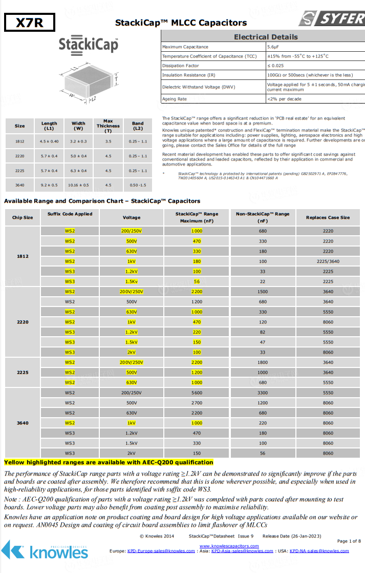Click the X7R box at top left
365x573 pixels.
point(29,23)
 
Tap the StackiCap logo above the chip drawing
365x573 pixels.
point(88,45)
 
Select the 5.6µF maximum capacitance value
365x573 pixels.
point(272,47)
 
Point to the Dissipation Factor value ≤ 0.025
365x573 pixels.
point(275,66)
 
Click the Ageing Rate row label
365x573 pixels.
point(175,99)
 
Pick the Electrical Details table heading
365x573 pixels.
point(265,37)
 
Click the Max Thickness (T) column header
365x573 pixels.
point(108,125)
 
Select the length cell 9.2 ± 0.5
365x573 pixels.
point(49,185)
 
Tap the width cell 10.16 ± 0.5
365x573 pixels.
point(78,185)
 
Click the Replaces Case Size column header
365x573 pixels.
point(328,217)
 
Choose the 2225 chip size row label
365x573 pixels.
point(23,373)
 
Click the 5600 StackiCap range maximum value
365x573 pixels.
point(197,393)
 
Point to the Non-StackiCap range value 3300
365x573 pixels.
point(264,393)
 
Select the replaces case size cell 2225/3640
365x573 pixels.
point(328,261)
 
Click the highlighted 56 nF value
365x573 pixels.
point(197,281)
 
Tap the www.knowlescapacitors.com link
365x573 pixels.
point(229,546)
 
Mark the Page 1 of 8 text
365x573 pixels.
point(349,541)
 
